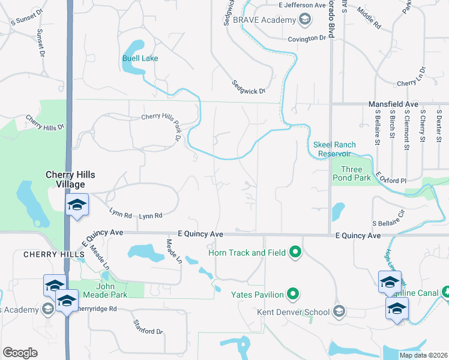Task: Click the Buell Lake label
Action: coord(140,58)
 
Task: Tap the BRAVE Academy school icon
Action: coord(305,20)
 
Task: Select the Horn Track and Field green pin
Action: coord(295,253)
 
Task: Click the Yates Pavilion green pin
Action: coord(293,294)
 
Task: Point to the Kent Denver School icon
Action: coord(339,311)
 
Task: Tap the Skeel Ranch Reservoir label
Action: coord(334,149)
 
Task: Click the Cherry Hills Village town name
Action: coord(71,179)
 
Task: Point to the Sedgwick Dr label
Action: coord(249,91)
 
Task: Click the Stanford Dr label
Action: coord(148,328)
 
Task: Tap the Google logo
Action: coord(20,353)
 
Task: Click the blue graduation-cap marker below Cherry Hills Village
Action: coord(77,205)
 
